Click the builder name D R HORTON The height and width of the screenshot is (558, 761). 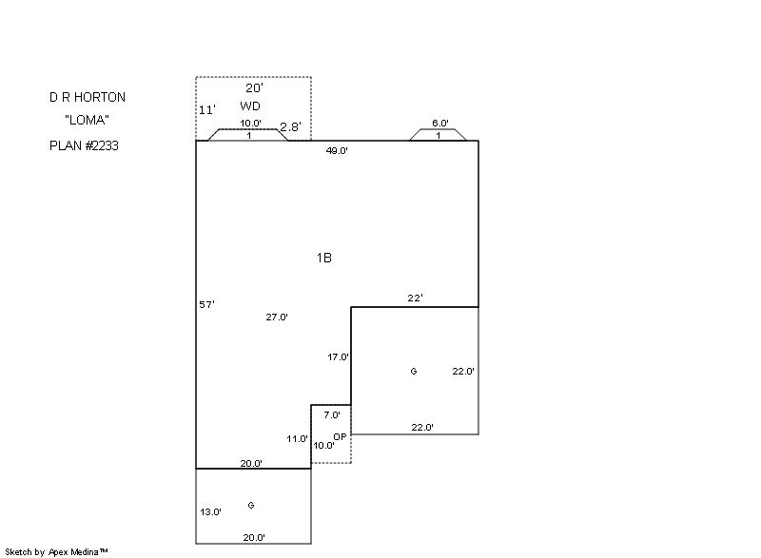tap(88, 97)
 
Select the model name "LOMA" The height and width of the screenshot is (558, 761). tap(88, 121)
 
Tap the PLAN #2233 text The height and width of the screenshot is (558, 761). tap(85, 146)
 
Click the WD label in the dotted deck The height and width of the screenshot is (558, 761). tap(250, 106)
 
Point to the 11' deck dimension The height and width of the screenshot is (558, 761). tap(206, 110)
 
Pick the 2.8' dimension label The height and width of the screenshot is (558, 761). tap(290, 126)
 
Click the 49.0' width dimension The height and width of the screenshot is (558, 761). tap(337, 150)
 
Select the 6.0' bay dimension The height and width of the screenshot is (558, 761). tap(439, 124)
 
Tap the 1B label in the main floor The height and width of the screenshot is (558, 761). tap(324, 258)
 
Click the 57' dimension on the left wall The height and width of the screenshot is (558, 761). tap(206, 304)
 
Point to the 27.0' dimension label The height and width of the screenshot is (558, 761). tap(277, 317)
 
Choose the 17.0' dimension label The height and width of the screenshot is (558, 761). tap(338, 357)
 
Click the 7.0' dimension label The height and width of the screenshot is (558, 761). tap(332, 415)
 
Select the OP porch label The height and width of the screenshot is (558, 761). tap(340, 436)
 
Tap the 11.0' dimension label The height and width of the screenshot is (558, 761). tap(298, 439)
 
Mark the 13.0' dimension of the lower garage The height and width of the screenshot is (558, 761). tap(210, 511)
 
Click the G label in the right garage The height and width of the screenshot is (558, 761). tap(414, 372)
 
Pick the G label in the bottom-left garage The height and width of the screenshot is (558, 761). tap(251, 506)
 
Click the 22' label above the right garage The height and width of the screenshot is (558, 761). tap(415, 298)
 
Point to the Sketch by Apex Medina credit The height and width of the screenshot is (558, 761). tap(56, 551)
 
